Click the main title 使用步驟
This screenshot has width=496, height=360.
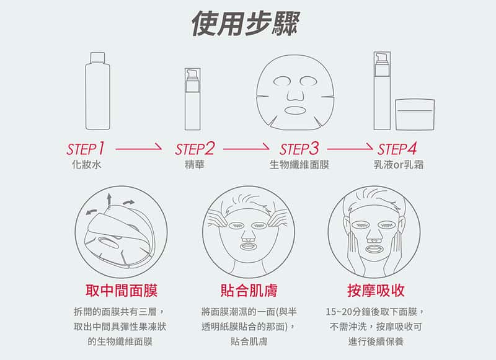246,23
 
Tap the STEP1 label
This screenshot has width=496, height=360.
86,149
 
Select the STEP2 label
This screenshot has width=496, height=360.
195,149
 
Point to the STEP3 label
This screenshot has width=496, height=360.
299,149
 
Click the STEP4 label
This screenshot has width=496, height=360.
397,149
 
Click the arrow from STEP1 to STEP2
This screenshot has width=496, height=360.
138,147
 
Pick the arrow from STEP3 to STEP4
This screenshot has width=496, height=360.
350,147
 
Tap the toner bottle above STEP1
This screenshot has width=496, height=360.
98,91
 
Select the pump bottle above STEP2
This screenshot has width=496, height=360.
193,99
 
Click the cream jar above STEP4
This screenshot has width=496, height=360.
415,115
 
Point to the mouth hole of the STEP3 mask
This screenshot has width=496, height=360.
295,110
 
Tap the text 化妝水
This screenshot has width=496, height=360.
87,165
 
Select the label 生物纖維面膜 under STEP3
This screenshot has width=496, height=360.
299,165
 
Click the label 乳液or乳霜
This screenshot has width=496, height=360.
399,165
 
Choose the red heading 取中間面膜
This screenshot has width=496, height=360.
122,290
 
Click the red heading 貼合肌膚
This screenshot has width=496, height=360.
249,290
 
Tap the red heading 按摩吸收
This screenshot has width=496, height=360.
376,290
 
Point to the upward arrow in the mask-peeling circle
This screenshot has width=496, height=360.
109,200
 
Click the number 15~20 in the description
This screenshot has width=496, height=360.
339,312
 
